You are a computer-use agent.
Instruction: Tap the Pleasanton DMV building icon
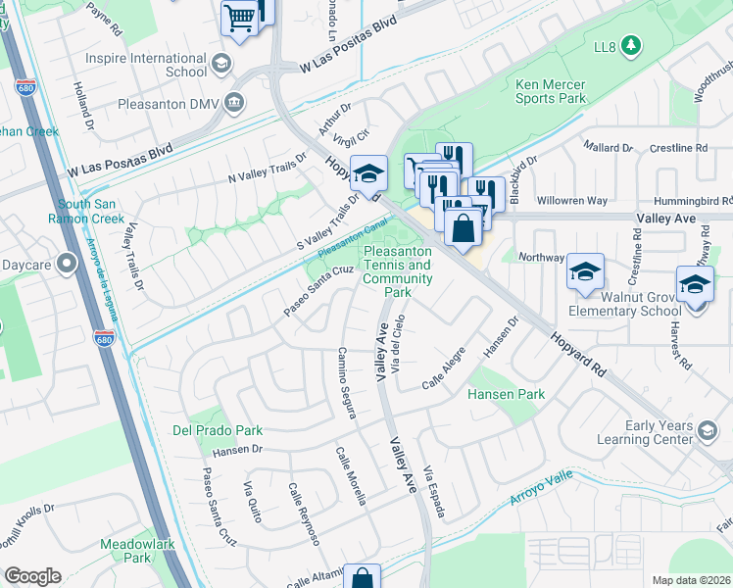tap(234, 102)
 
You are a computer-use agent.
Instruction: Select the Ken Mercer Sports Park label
tap(550, 91)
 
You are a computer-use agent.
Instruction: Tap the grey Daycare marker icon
tap(67, 263)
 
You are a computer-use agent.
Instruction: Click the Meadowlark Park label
tap(125, 551)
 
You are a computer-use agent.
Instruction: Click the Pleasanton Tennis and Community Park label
tap(397, 271)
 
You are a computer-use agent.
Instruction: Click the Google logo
tap(32, 576)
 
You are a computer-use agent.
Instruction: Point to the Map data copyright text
tap(691, 579)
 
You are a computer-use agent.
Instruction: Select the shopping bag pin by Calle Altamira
tap(362, 578)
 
